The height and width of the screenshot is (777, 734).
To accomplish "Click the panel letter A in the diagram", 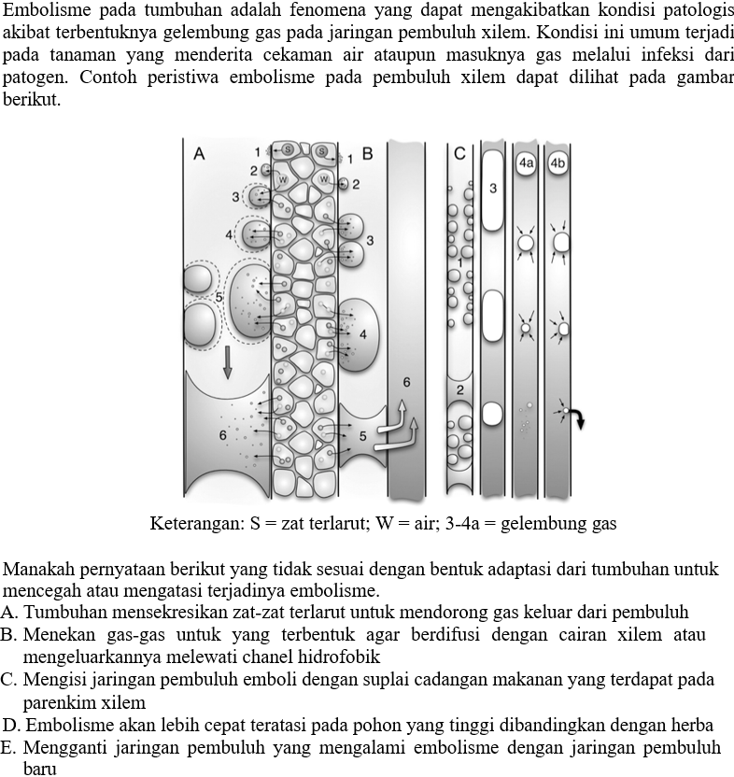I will point(199,155).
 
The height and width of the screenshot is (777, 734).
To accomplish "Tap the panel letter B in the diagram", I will point(367,154).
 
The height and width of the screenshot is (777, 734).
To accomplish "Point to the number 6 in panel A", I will point(222,435).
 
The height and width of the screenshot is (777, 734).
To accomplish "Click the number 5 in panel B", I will point(363,435).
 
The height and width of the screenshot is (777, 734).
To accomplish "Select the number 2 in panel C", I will point(460,388).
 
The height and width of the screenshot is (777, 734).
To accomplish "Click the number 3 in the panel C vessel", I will point(492,189).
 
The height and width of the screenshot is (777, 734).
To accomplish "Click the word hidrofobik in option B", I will point(338,657).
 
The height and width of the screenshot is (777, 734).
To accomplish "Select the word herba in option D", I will point(694,725).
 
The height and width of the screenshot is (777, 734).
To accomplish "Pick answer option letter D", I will point(10,725).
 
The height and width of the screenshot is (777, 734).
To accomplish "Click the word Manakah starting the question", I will point(37,568).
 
